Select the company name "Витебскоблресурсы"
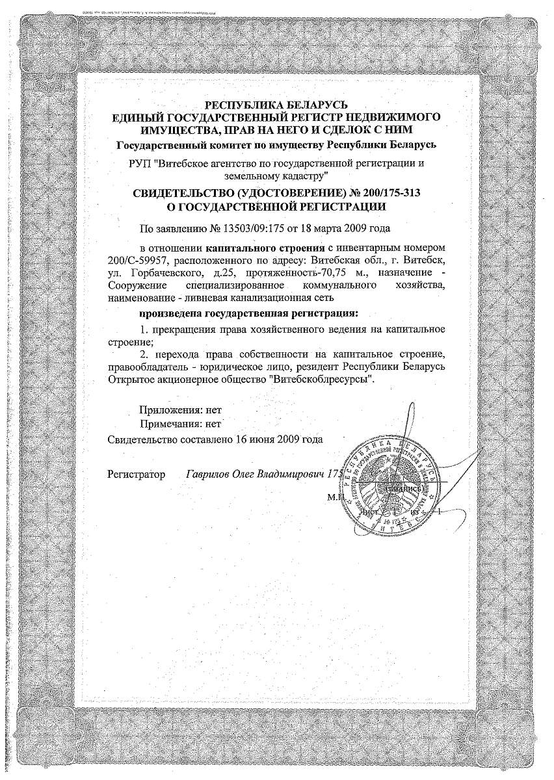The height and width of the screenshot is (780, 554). [x=332, y=379]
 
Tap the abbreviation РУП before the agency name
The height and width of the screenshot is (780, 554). [x=139, y=163]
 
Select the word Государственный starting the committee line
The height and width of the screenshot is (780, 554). [x=161, y=144]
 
